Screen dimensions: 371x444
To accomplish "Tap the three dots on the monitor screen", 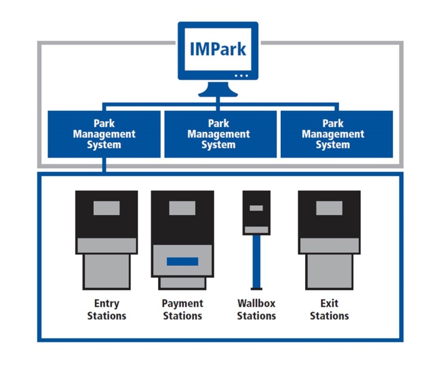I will (x=241, y=76).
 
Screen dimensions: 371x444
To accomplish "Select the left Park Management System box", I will (x=104, y=134).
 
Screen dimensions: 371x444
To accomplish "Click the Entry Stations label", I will (x=106, y=310).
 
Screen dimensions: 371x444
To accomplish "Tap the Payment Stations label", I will (x=182, y=310).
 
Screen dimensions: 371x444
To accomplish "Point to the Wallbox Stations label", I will (x=256, y=310).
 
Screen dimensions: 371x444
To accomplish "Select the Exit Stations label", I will (x=329, y=310).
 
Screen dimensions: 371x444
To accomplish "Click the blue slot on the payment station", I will (x=182, y=262).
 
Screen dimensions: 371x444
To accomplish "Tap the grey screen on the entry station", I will (x=106, y=208).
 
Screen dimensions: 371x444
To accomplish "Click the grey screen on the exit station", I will (x=329, y=208).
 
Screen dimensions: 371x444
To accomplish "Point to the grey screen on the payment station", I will (x=182, y=208).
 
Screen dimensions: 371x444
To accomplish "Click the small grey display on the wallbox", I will (x=256, y=208).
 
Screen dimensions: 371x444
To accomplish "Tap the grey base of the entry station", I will (x=106, y=270).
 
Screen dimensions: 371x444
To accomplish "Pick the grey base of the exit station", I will (x=329, y=270).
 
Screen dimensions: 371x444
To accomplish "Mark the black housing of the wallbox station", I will (x=256, y=219).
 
